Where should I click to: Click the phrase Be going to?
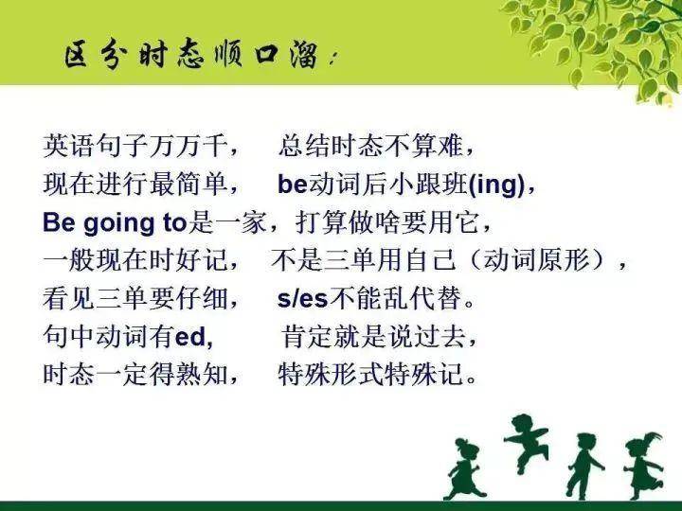coord(113,223)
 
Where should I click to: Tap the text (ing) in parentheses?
coord(497,185)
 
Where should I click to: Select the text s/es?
coord(302,299)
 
